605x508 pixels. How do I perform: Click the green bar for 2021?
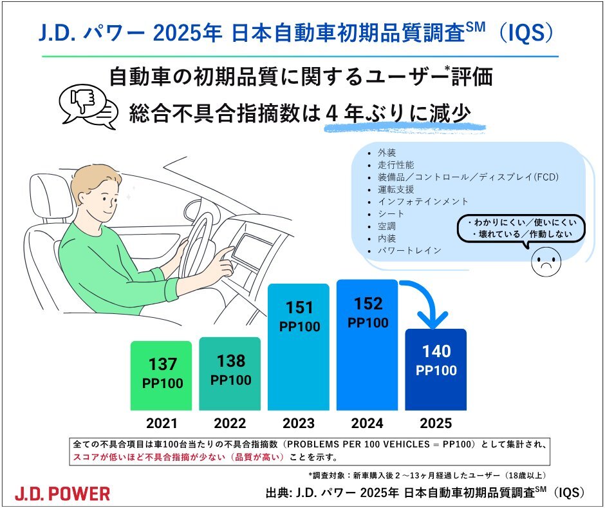point(162,375)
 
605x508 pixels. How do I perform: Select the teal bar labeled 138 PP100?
point(230,373)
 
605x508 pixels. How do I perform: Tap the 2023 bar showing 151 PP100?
point(299,347)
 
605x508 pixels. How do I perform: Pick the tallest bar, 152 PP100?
point(367,345)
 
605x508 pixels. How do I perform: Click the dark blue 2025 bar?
point(436,369)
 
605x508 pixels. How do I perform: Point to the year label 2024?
point(367,424)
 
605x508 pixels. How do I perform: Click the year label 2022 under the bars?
point(230,424)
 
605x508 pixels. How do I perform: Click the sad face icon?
point(546,261)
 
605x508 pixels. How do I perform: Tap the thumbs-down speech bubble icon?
point(88,106)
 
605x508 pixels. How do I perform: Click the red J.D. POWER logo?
point(62,494)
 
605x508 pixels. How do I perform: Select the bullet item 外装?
point(387,153)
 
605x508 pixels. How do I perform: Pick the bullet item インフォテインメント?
point(423,201)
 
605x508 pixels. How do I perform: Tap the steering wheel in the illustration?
point(198,244)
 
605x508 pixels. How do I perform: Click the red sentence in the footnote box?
point(178,457)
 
